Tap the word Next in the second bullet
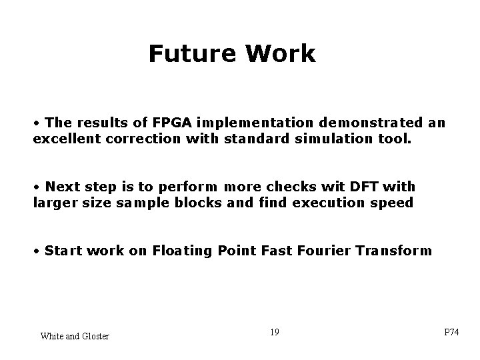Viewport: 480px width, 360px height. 62,186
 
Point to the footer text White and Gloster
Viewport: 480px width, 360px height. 75,335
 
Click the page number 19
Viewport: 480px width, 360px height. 275,331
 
